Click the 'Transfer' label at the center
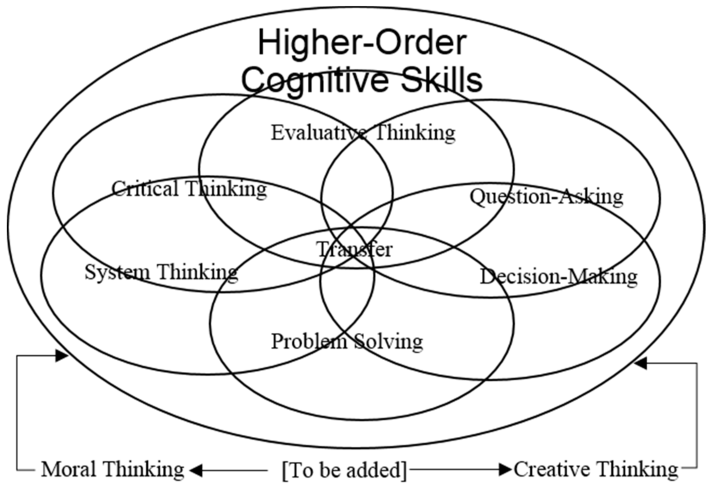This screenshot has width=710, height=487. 354,249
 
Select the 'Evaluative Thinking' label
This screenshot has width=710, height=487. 363,132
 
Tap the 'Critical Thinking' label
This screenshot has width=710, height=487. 189,188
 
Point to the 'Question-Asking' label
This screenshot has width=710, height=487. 546,196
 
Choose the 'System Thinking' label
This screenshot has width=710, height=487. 161,271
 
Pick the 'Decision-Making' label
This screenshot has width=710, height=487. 558,277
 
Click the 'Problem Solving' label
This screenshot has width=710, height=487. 346,341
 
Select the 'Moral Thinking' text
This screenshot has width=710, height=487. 112,470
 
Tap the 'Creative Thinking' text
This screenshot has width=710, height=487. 596,470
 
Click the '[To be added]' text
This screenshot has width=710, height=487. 344,470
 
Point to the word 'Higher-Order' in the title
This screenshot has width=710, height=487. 362,43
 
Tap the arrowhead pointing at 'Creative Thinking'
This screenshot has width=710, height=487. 504,470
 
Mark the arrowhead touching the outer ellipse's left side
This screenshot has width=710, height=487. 62,355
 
